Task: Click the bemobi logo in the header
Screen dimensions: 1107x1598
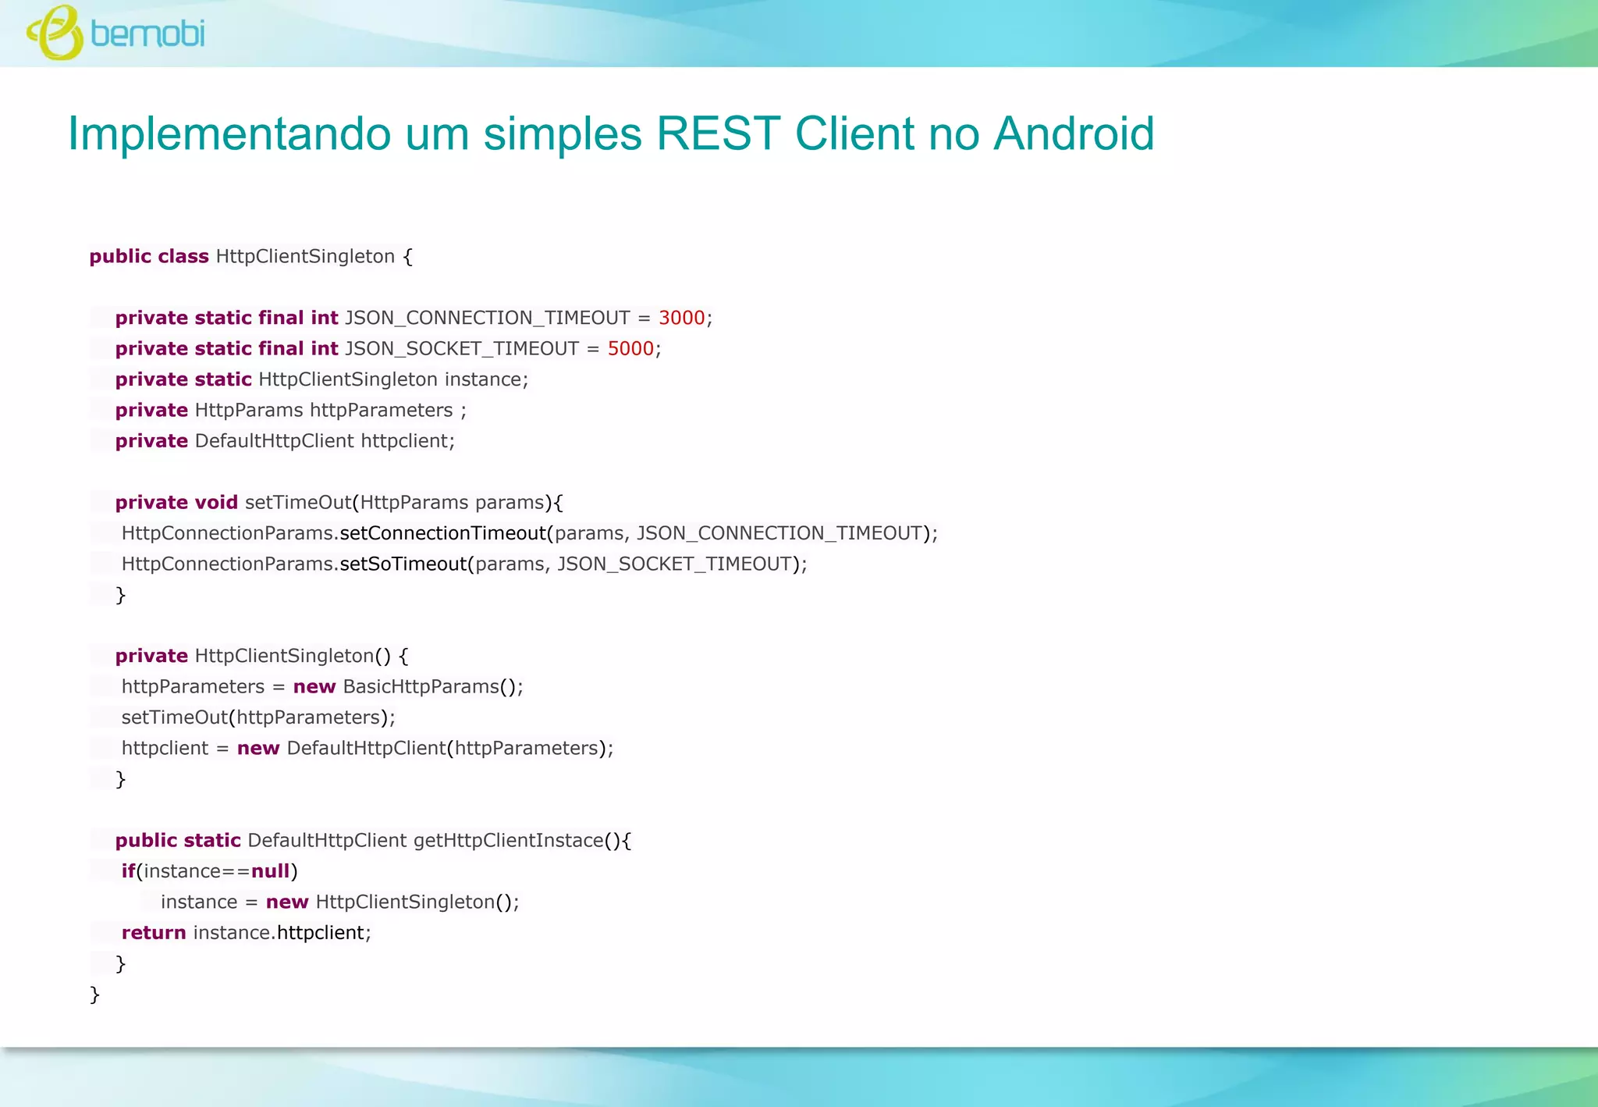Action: (115, 33)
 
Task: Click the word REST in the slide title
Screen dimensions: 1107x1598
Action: (718, 133)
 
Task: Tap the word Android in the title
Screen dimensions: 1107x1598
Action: (1074, 133)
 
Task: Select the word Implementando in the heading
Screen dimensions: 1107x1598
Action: (229, 133)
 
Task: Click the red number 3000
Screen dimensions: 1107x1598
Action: (681, 318)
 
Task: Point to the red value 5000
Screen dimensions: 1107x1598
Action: (630, 348)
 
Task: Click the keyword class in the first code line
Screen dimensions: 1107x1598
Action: (183, 256)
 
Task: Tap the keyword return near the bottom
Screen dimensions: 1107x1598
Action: (154, 932)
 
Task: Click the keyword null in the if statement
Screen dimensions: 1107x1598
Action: (271, 870)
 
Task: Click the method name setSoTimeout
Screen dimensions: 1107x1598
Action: (403, 564)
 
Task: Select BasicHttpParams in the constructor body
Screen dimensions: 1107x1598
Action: (421, 686)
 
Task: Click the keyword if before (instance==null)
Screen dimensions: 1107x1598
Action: (129, 870)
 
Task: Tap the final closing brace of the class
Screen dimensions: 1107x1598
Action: (94, 994)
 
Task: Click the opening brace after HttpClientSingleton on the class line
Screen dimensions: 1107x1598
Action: (407, 256)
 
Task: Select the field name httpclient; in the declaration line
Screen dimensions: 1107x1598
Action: (407, 440)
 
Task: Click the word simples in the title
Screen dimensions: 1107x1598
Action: (563, 133)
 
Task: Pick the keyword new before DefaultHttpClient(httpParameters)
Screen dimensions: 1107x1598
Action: (258, 748)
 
